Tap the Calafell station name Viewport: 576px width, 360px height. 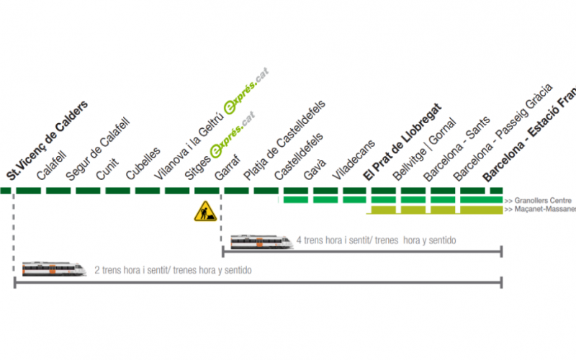(52, 165)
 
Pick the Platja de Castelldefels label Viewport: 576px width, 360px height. (284, 141)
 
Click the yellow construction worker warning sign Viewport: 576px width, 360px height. (205, 211)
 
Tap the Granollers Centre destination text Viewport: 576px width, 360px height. (541, 200)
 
